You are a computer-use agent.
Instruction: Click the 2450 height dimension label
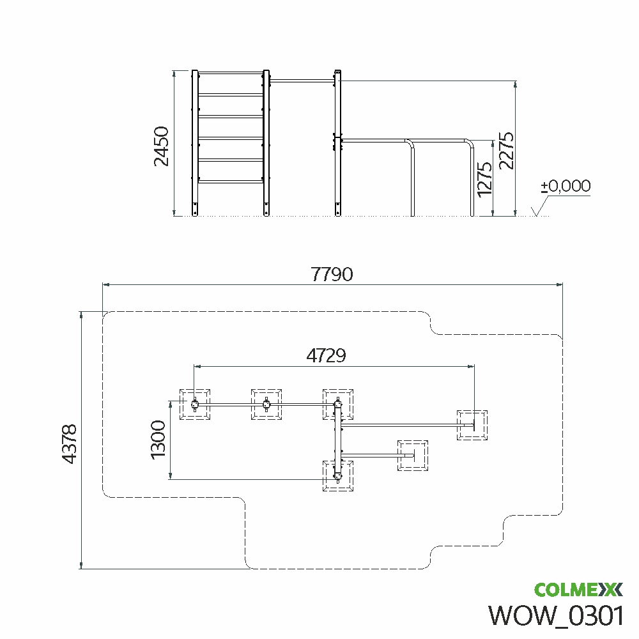162,146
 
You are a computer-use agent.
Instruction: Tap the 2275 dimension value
506,150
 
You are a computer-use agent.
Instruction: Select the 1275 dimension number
485,179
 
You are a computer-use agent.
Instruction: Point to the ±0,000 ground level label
566,186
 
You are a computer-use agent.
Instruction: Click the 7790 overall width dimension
332,274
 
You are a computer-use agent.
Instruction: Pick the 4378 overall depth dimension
70,444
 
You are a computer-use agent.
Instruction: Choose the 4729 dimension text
327,355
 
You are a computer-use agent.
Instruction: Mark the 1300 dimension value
158,440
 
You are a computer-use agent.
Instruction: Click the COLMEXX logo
579,589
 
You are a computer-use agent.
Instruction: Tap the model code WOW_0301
556,615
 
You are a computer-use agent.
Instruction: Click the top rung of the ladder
231,73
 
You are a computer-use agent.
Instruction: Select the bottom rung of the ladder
231,181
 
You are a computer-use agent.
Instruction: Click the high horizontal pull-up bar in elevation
302,81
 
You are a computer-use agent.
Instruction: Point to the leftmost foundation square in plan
195,404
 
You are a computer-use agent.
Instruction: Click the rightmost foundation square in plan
472,426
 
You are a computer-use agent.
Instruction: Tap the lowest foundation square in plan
338,475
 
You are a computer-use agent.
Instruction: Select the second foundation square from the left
266,404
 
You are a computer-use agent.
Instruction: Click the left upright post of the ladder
195,142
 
